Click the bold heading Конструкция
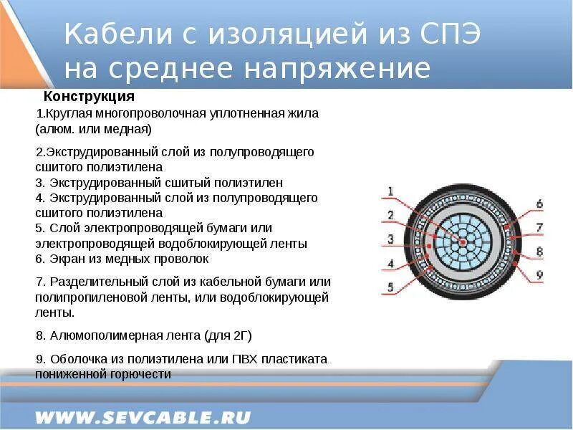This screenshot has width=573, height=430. [x=89, y=96]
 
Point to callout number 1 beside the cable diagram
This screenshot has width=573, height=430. [x=390, y=191]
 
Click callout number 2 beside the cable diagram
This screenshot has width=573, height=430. [x=390, y=215]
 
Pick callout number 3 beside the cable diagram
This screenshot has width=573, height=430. [x=390, y=239]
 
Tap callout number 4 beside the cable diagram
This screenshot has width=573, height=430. [x=390, y=263]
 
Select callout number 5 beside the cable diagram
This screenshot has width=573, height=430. [x=390, y=287]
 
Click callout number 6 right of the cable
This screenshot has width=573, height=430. [x=539, y=204]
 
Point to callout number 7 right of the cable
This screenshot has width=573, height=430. [x=539, y=227]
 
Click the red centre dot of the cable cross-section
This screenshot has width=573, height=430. [x=463, y=243]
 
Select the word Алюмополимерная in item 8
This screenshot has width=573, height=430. [x=93, y=335]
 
